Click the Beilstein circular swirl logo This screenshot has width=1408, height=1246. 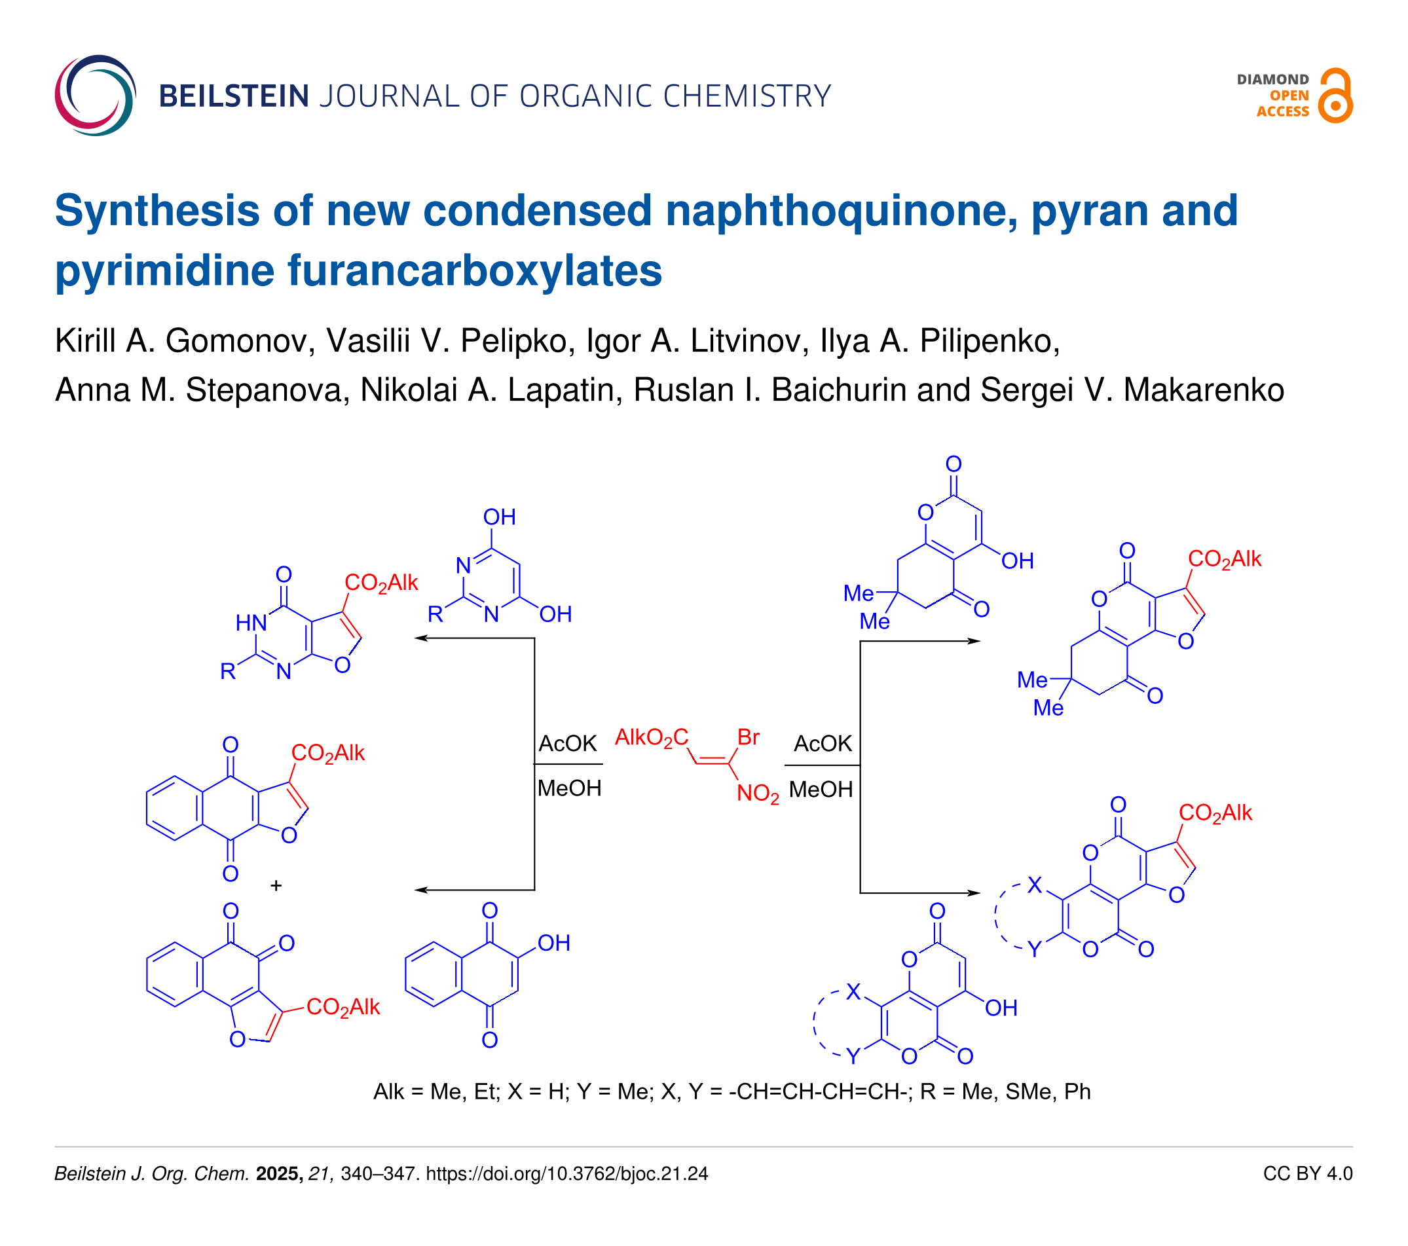tap(95, 95)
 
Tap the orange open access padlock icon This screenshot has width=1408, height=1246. tap(1335, 96)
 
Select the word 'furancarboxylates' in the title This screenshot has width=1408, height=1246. tap(475, 270)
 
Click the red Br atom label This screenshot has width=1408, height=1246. tap(748, 738)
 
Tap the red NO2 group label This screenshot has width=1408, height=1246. tap(758, 794)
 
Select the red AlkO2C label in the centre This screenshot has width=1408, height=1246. tap(652, 738)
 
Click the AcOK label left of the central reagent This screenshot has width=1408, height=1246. tap(568, 744)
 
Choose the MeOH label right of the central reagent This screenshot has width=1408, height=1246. tap(821, 790)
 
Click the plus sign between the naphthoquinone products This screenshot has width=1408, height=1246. tap(276, 885)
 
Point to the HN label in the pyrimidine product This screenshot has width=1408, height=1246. tap(251, 623)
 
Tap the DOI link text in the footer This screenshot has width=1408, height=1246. tap(567, 1174)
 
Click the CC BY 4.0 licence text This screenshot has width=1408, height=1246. tap(1307, 1174)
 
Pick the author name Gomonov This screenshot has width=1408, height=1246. tap(236, 341)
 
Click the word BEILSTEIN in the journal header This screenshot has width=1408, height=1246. tap(234, 96)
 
